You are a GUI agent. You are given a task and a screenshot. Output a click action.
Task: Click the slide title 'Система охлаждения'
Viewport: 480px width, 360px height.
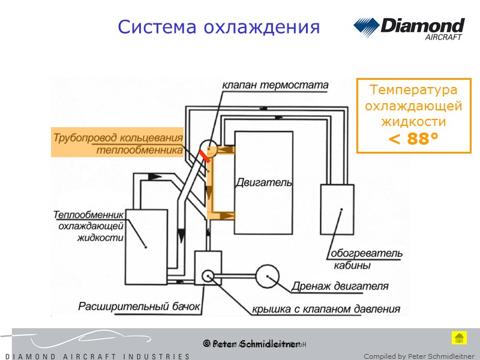[218, 27]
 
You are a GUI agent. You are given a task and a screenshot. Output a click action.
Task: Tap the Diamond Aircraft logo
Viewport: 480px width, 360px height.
[409, 29]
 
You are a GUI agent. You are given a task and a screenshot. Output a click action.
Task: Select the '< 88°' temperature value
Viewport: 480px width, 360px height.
[413, 139]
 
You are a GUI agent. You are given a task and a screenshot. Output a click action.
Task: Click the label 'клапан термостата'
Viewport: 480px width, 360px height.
[275, 85]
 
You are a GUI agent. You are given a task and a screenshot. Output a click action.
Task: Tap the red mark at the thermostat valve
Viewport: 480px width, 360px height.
[205, 156]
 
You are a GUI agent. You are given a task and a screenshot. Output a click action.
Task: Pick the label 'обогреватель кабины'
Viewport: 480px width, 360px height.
[358, 259]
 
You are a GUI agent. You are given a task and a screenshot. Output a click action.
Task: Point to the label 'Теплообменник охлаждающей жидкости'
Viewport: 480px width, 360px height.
[89, 226]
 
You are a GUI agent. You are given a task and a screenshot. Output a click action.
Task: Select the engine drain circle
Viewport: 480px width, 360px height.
[268, 276]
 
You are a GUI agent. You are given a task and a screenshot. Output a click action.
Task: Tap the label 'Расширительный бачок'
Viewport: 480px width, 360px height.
[138, 306]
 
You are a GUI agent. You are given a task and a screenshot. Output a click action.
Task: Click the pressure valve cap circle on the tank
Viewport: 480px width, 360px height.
[208, 275]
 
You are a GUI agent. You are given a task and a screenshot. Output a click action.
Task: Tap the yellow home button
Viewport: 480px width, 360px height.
[459, 338]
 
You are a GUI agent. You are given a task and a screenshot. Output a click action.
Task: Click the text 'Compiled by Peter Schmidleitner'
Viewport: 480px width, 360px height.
[419, 356]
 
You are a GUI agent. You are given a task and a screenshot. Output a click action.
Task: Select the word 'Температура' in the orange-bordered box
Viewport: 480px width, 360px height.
[413, 90]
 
